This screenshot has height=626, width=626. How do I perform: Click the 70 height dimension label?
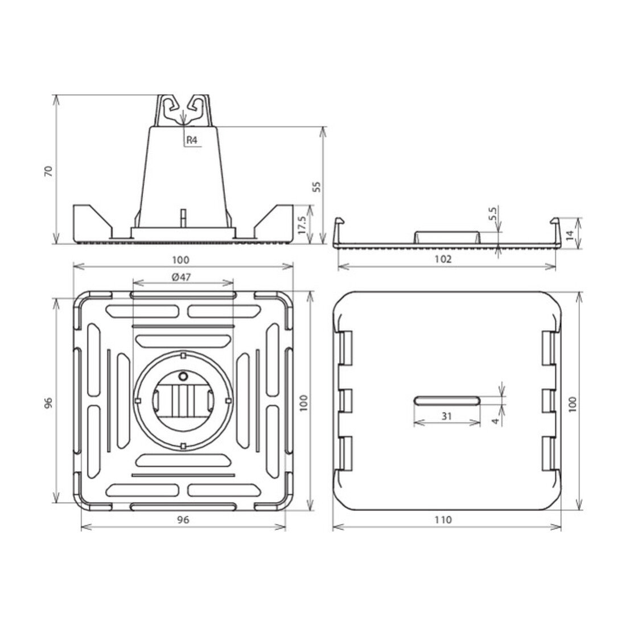(49, 171)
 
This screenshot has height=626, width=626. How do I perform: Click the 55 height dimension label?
(316, 187)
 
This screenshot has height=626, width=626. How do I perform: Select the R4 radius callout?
(192, 140)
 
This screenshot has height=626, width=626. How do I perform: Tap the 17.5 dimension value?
(302, 225)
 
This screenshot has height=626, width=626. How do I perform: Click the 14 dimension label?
(570, 234)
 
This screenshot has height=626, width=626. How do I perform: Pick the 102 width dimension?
(443, 260)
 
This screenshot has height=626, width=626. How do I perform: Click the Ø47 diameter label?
(182, 277)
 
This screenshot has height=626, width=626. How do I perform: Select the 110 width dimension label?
(443, 520)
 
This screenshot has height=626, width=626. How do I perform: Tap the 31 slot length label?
(447, 416)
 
